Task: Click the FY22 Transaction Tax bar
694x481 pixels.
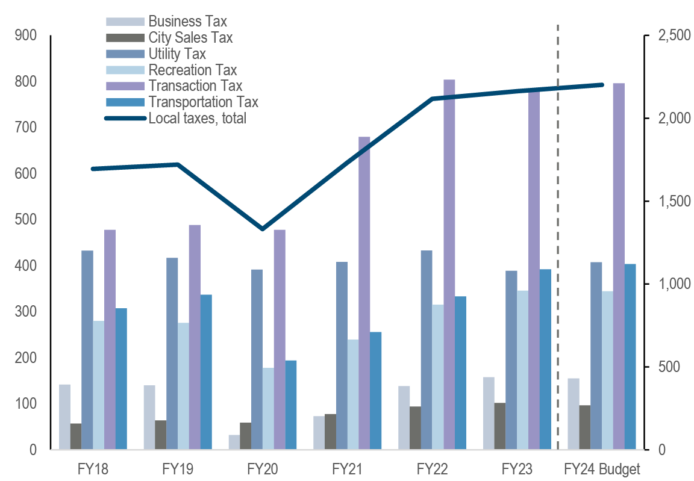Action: (x=449, y=265)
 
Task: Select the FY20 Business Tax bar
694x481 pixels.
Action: (x=234, y=442)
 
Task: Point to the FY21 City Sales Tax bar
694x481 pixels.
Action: (x=330, y=431)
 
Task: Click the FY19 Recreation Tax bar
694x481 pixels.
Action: (x=183, y=386)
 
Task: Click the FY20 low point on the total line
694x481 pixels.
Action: (x=262, y=229)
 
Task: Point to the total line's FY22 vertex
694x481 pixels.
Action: (x=432, y=99)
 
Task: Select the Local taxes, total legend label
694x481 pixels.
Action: (x=197, y=119)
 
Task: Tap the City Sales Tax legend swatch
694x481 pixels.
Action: (x=125, y=38)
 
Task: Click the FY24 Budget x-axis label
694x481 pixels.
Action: (x=601, y=468)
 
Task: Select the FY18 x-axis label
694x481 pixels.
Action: (x=93, y=468)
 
